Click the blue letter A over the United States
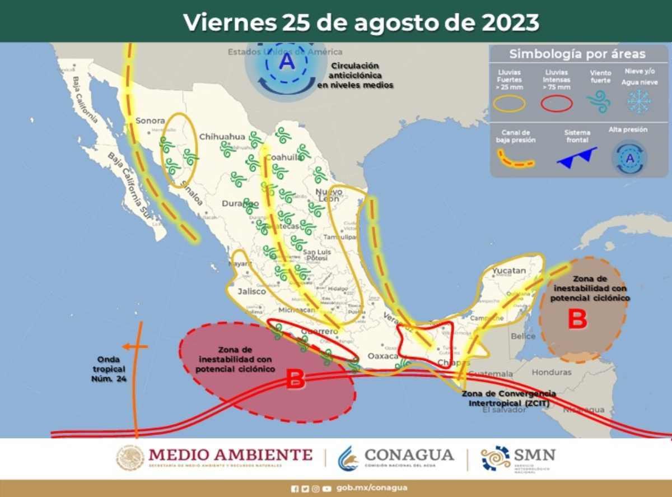pos(287,61)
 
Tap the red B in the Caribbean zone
pos(577,319)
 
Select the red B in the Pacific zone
pos(295,380)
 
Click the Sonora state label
pos(150,120)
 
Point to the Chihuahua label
pos(222,136)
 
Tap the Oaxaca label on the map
pos(383,356)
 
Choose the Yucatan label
pos(509,271)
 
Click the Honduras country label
pos(551,372)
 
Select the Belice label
pos(524,336)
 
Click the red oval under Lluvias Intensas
pos(556,103)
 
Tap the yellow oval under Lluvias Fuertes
pos(509,103)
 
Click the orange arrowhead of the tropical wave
pos(127,346)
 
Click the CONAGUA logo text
pos(409,454)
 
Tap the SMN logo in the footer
pos(518,458)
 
